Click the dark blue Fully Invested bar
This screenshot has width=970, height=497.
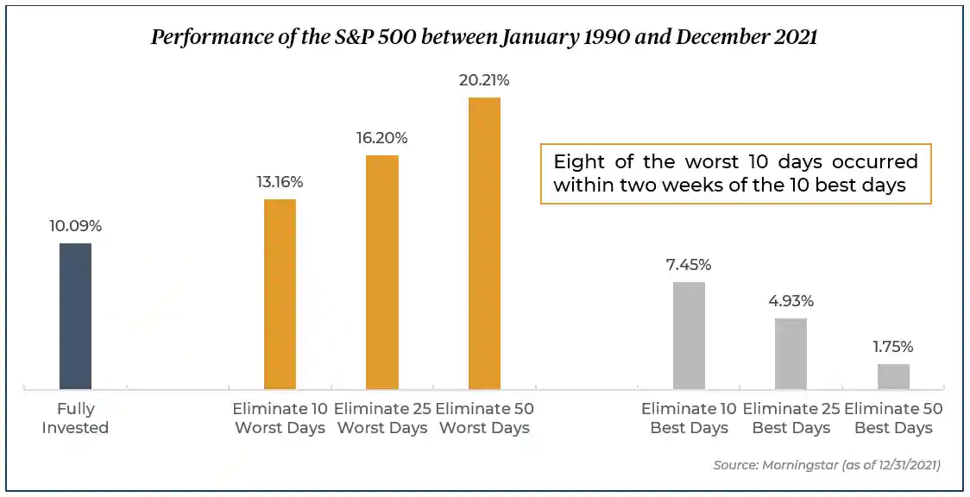(75, 316)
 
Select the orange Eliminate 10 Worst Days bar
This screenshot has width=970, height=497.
(280, 294)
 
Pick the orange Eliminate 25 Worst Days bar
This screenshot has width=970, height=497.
(382, 272)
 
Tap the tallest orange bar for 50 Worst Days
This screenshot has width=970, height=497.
(484, 243)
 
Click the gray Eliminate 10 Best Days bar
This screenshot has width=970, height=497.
(689, 335)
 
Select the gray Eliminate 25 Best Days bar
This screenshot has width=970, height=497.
(790, 353)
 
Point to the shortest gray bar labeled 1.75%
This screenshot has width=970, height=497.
(893, 376)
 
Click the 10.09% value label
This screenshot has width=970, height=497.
(75, 226)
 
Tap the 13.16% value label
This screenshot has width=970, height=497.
(280, 182)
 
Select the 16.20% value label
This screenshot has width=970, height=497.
(382, 138)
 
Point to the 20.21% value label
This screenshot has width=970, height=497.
(484, 80)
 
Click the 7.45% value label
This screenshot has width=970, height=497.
(689, 265)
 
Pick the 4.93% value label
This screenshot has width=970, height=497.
(790, 301)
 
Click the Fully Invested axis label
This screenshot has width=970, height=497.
(75, 418)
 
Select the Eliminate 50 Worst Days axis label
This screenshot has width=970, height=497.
(484, 418)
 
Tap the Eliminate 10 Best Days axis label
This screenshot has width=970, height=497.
(689, 418)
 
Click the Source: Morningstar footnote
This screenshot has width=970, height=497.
(826, 465)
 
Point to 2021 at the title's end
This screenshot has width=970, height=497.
(796, 38)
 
